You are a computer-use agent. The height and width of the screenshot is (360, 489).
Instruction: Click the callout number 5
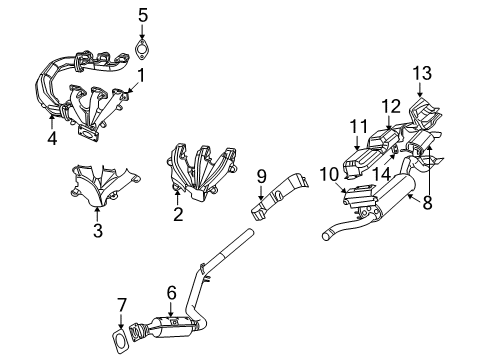(143, 16)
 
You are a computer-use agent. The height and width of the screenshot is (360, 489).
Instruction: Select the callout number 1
(141, 75)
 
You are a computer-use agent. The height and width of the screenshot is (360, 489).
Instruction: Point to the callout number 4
(52, 138)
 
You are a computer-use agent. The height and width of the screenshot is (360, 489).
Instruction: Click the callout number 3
(98, 230)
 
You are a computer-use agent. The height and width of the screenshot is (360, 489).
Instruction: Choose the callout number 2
(178, 214)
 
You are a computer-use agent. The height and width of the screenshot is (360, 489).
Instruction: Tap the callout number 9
(262, 177)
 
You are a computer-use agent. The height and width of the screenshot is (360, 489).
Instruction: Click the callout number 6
(171, 293)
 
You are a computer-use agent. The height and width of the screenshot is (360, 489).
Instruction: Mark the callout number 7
(122, 305)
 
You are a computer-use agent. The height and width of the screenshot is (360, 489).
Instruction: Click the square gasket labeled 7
(119, 341)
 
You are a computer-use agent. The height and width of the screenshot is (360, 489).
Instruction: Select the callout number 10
(329, 174)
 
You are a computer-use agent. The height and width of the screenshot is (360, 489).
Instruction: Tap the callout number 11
(359, 127)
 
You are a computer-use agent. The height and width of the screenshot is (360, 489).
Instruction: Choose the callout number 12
(391, 107)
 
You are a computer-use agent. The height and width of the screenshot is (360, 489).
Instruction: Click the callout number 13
(422, 73)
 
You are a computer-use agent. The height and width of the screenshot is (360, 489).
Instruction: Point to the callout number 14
(381, 174)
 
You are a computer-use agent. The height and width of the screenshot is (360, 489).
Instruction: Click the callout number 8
(427, 202)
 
